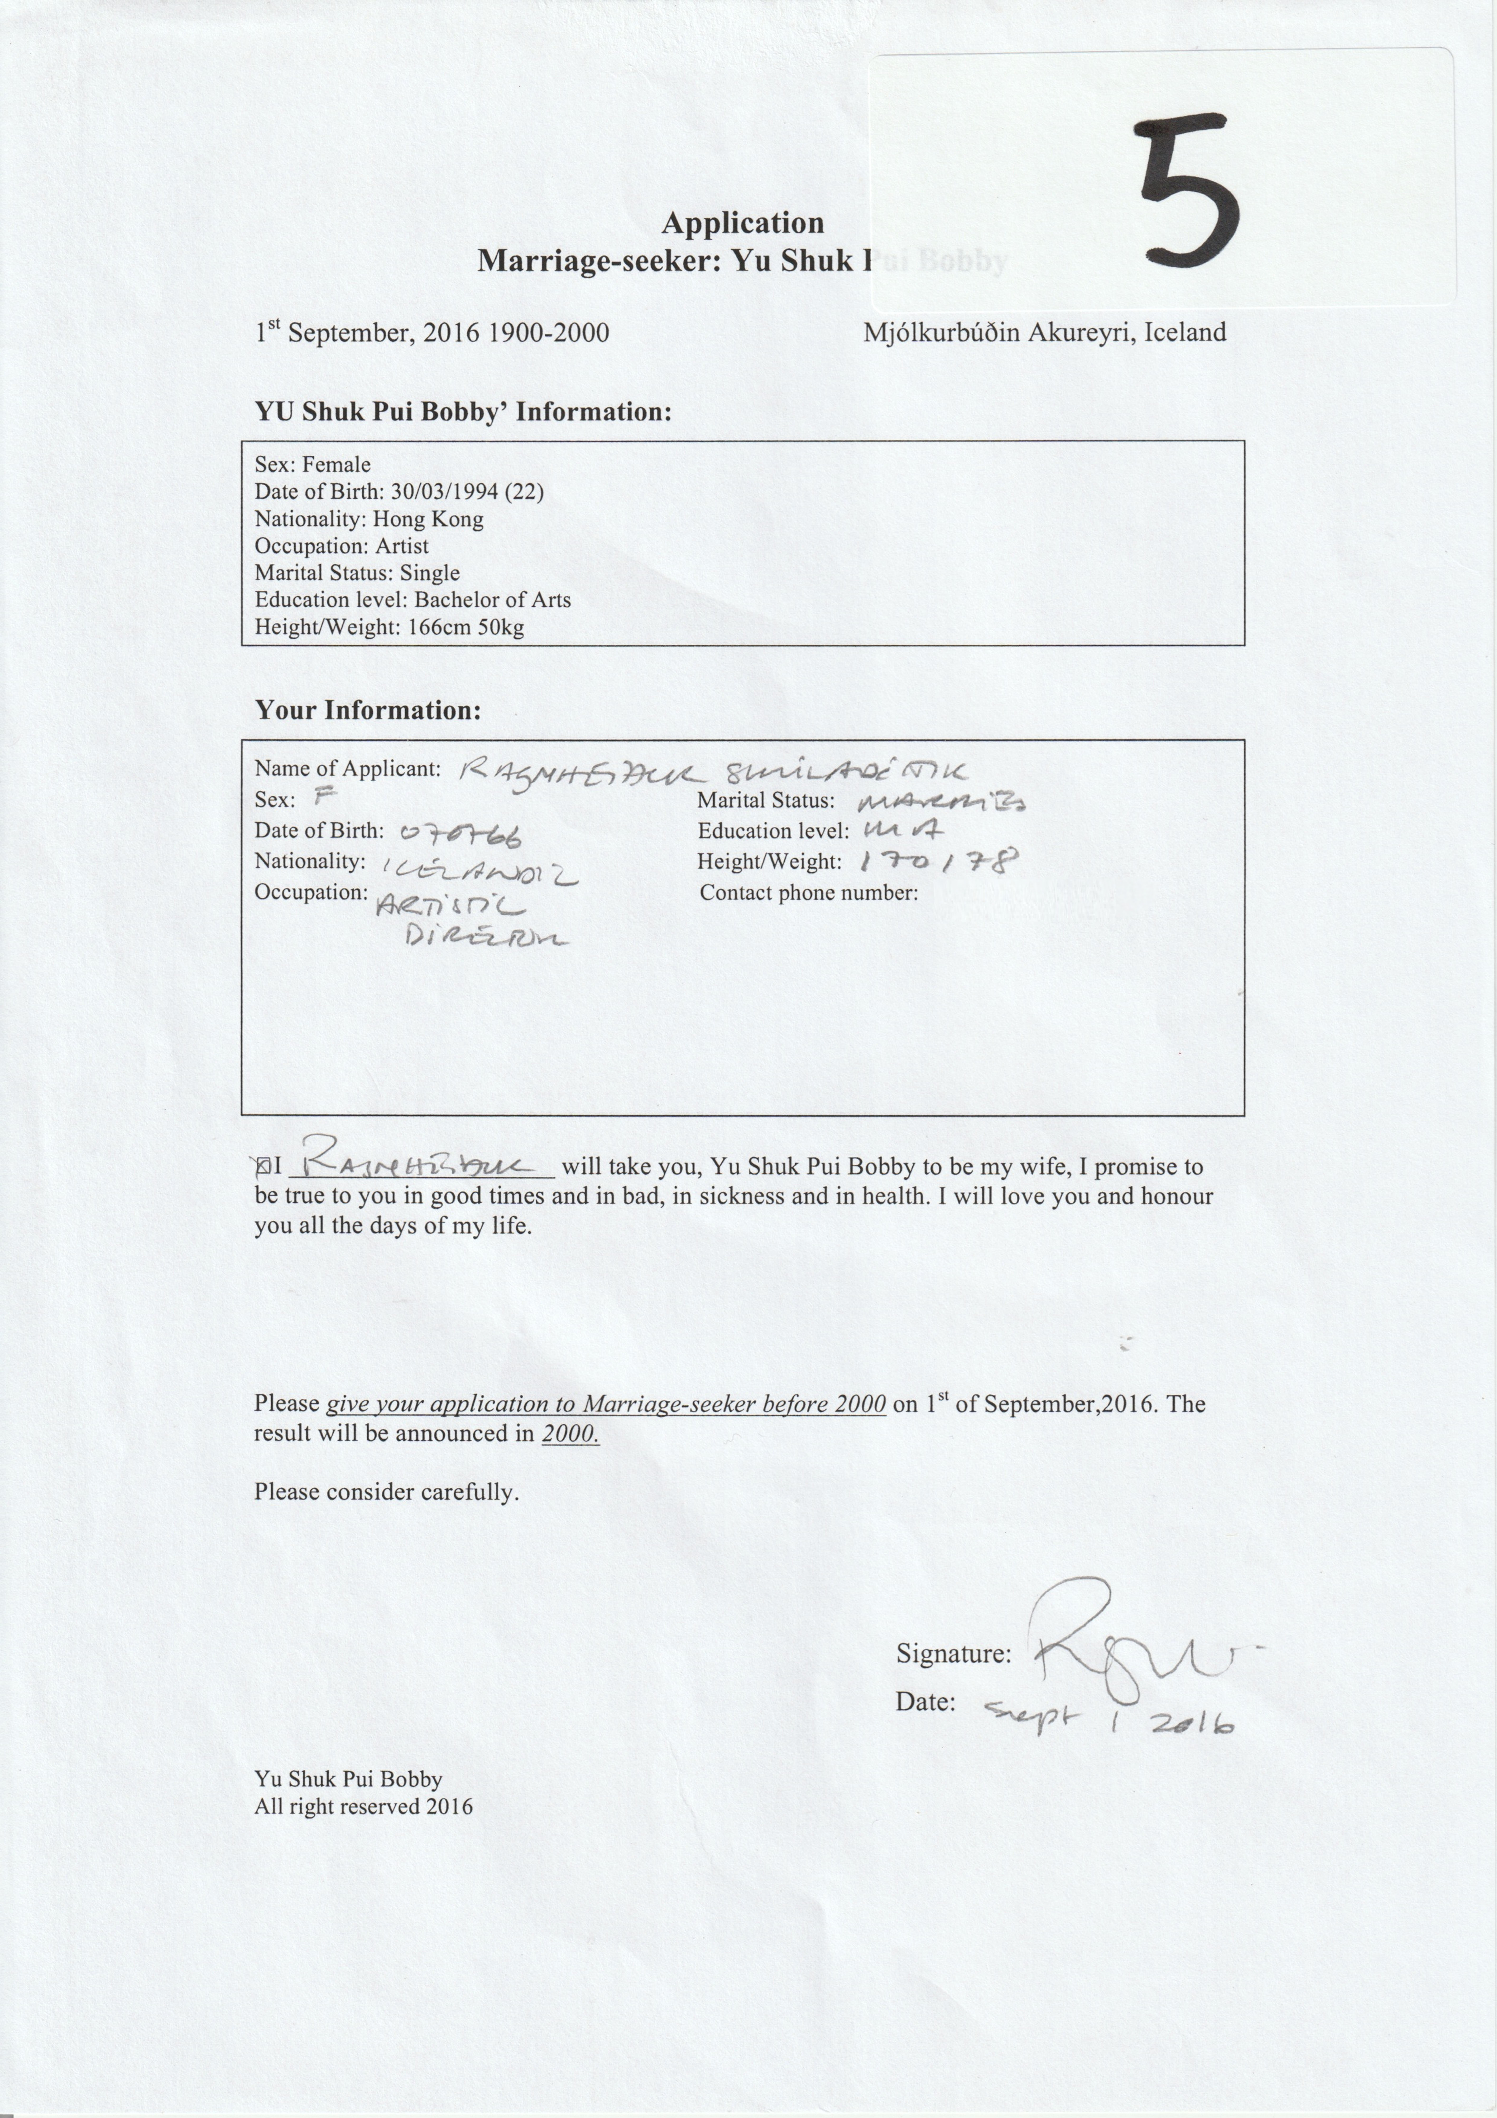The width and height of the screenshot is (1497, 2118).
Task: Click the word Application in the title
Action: point(743,223)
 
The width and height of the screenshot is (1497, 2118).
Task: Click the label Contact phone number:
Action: point(808,893)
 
